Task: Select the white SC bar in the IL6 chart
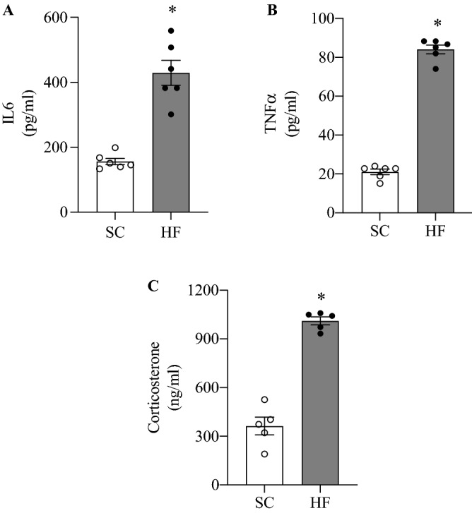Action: tap(115, 187)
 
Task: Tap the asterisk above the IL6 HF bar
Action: tap(172, 10)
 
